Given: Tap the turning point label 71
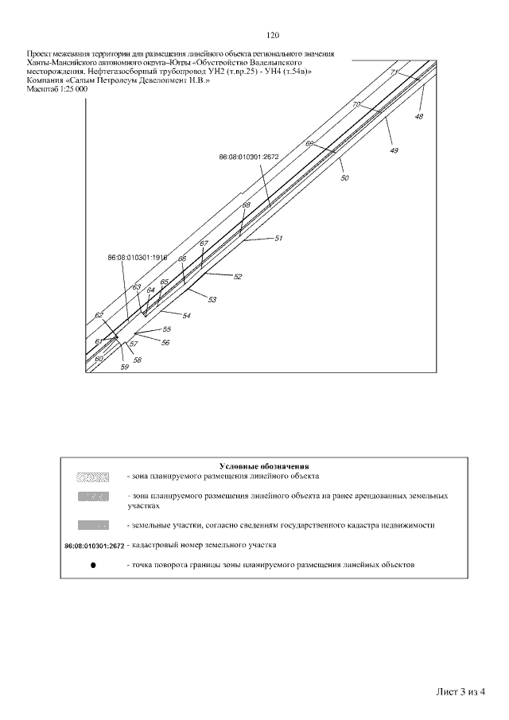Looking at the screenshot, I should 394,72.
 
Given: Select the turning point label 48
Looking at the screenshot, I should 419,116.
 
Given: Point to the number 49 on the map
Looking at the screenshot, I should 394,150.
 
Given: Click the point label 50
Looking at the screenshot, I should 344,179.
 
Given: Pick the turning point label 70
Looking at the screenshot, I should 356,105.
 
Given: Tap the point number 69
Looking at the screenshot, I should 309,143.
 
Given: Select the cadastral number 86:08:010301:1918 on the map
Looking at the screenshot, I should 138,258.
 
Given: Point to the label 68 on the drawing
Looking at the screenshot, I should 246,204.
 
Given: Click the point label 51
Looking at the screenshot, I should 278,238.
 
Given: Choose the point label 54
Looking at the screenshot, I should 186,316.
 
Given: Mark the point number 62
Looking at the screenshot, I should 99,316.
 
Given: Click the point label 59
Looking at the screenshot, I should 124,368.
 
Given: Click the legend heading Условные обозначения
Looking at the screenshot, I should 263,465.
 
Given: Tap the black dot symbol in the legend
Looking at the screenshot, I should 93,565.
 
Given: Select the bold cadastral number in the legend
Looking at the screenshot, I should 94,546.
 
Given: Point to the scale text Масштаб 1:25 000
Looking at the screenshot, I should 57,88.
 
